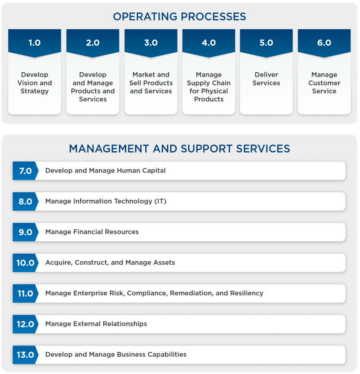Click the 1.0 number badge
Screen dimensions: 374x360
(35, 43)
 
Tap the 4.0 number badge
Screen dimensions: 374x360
(208, 43)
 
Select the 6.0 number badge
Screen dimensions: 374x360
(324, 43)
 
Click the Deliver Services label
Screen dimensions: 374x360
(266, 79)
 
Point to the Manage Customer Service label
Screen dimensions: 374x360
(324, 83)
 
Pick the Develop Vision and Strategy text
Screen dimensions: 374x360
(35, 83)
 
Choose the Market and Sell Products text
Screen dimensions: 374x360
(151, 83)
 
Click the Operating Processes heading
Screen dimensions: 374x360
(179, 17)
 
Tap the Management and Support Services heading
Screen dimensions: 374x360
(179, 149)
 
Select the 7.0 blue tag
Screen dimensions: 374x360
(25, 171)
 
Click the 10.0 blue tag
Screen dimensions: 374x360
(25, 263)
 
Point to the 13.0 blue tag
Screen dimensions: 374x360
(25, 355)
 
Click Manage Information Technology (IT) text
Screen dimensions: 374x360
(106, 201)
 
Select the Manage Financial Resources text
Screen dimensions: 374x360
(92, 232)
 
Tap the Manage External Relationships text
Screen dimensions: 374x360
(96, 324)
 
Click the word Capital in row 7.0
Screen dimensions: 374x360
(154, 170)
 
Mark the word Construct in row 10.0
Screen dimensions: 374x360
(89, 262)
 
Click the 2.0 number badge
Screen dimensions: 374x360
(93, 43)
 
